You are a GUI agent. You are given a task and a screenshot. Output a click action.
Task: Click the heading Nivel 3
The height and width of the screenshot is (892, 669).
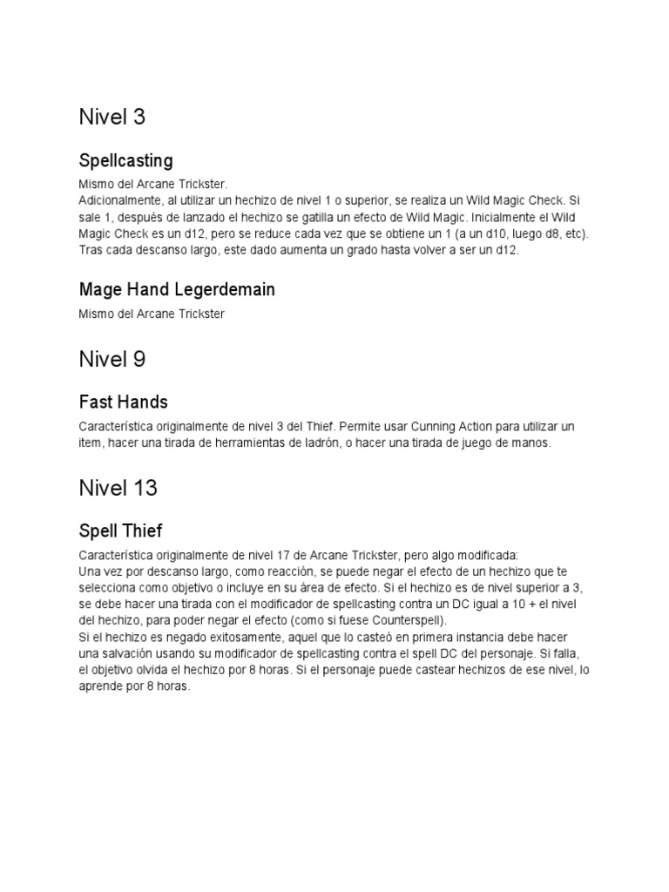pyautogui.click(x=111, y=117)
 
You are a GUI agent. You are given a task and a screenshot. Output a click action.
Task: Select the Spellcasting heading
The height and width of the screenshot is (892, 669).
pyautogui.click(x=125, y=160)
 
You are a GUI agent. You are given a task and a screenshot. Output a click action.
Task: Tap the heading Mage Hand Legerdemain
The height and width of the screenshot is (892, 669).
pyautogui.click(x=177, y=289)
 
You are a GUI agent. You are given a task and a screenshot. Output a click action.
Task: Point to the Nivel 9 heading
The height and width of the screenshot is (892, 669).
pyautogui.click(x=111, y=358)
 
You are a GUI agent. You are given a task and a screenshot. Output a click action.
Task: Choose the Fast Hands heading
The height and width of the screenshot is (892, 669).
pyautogui.click(x=123, y=402)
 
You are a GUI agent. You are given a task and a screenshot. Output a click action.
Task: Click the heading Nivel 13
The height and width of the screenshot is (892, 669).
pyautogui.click(x=118, y=488)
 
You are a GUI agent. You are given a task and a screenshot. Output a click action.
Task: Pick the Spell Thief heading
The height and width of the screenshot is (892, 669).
pyautogui.click(x=120, y=530)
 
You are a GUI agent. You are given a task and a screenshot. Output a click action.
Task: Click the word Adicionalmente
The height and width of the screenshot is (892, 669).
pyautogui.click(x=116, y=200)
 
